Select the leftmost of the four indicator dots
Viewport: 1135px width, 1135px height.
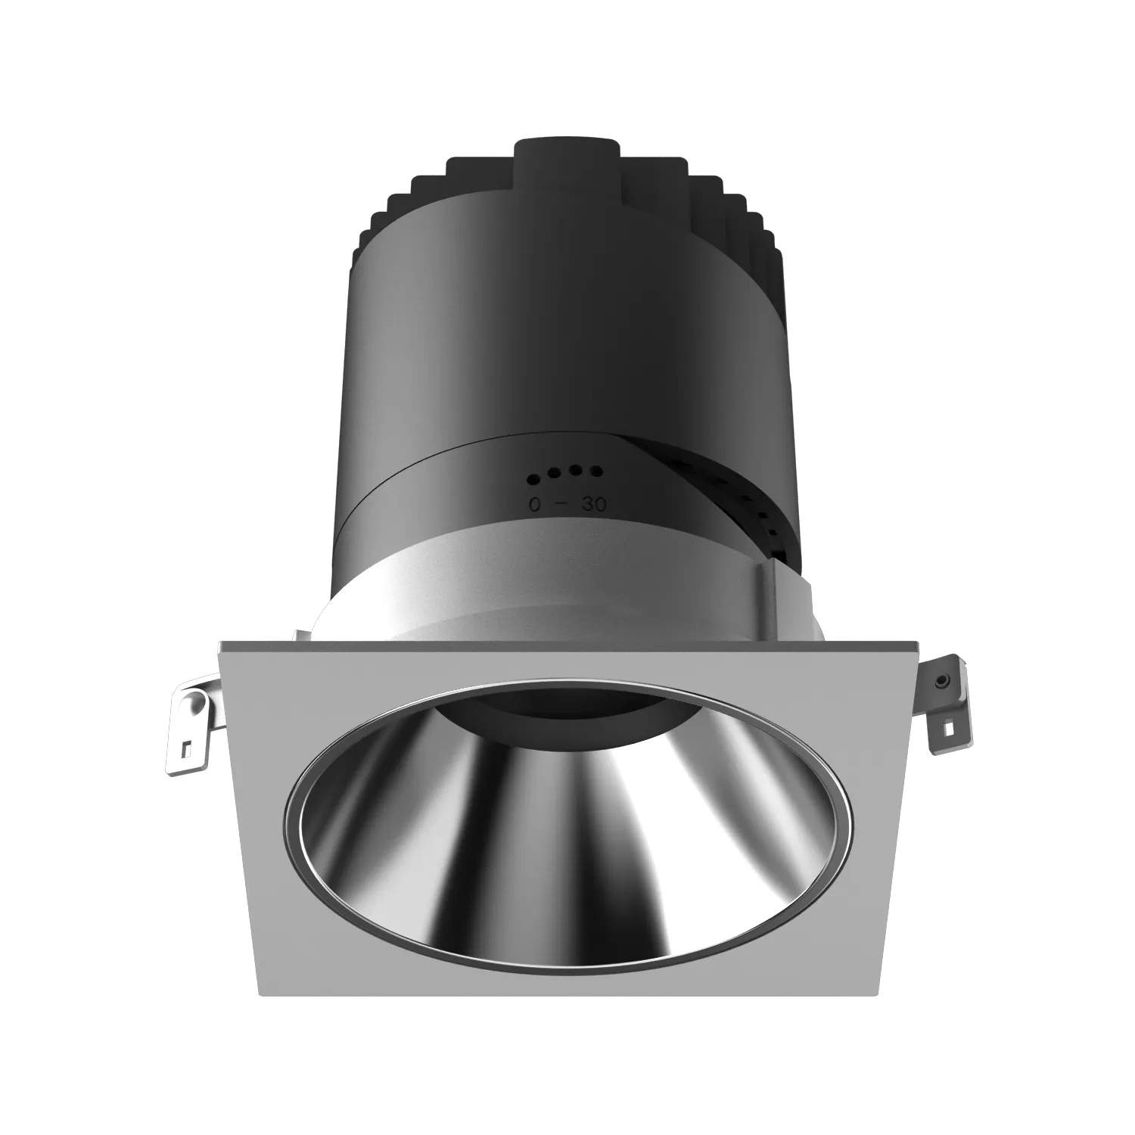[533, 478]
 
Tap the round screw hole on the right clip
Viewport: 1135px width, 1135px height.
[942, 682]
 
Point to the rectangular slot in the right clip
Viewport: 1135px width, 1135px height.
[946, 729]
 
